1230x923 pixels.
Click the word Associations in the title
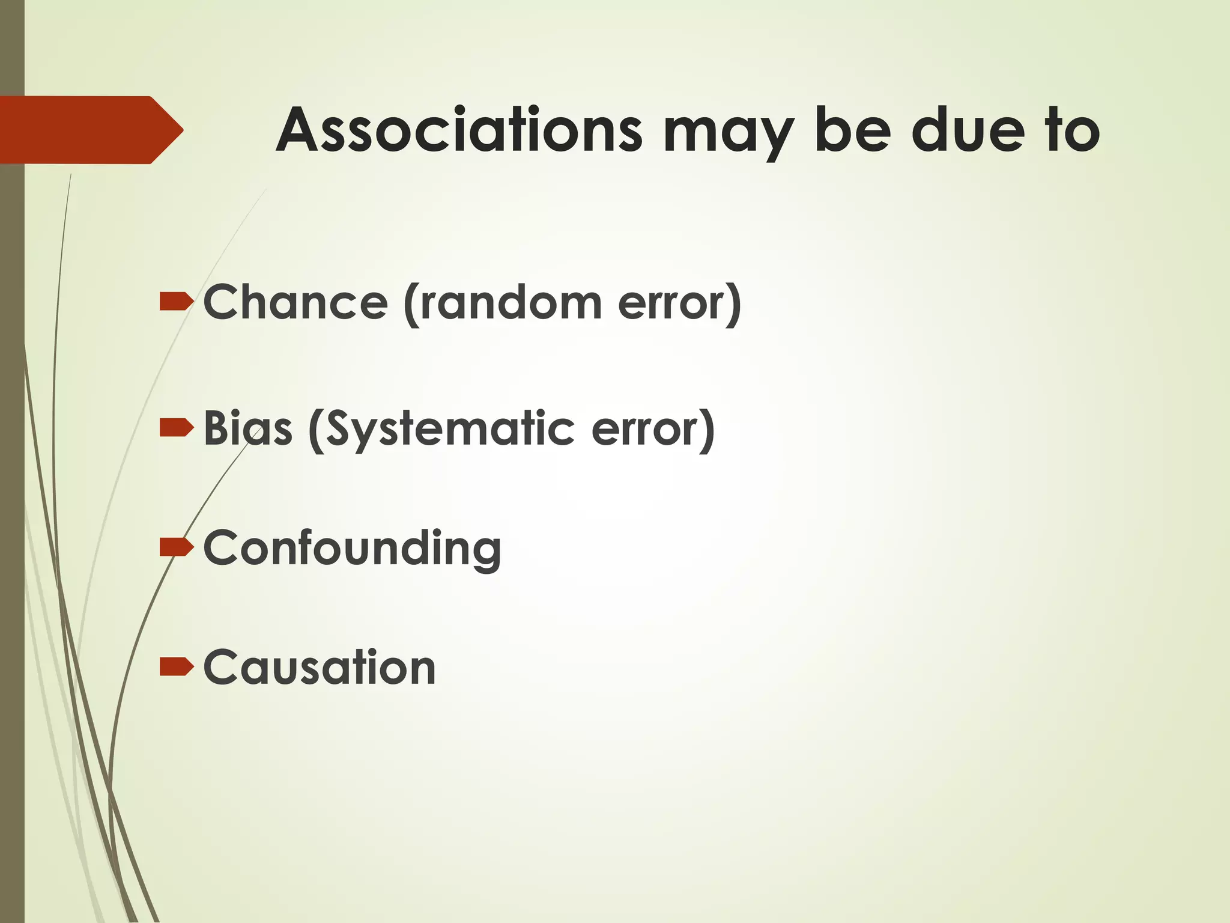point(459,130)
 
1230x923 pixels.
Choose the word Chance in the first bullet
point(295,302)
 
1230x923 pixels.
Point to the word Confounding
point(353,548)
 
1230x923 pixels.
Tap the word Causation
point(320,667)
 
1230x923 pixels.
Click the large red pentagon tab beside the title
point(90,130)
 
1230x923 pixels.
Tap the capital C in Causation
point(222,667)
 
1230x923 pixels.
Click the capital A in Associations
point(300,130)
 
